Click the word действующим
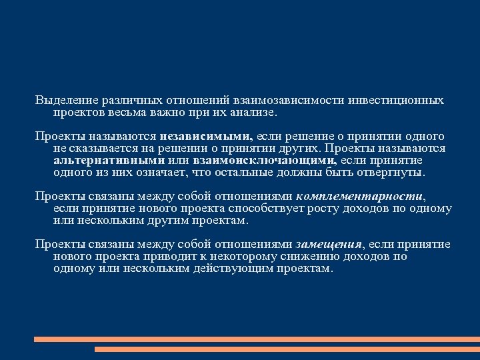click(215, 269)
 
